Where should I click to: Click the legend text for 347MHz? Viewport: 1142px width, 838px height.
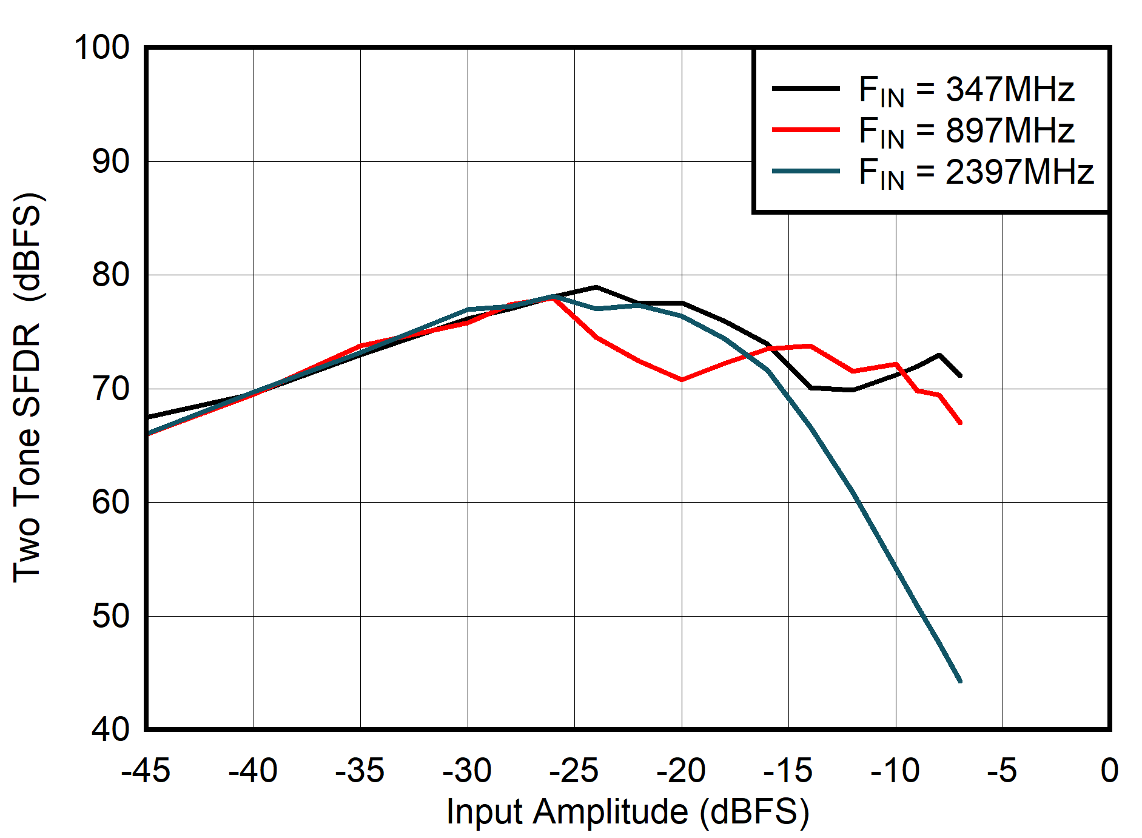[966, 90]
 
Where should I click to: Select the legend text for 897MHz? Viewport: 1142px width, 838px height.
[966, 131]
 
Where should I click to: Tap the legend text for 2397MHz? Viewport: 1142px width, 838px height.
[975, 172]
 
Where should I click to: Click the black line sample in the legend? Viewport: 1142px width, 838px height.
[805, 89]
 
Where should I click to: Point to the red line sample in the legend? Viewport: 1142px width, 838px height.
[805, 130]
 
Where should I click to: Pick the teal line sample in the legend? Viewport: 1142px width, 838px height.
[805, 171]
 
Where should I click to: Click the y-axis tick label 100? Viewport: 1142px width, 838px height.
[102, 47]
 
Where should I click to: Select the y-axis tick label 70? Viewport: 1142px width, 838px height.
[110, 389]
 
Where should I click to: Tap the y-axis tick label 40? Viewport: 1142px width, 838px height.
[110, 729]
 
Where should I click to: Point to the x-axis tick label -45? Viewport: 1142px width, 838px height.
[146, 771]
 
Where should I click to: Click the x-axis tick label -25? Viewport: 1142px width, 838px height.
[574, 771]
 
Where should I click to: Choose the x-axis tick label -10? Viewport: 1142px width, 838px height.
[895, 771]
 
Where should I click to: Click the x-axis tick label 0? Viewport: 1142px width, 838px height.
[1109, 771]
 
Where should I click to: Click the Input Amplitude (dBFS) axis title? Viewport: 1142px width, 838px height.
[628, 812]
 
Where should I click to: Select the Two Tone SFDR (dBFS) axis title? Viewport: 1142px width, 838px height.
[27, 388]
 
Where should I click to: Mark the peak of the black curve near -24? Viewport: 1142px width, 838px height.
[596, 287]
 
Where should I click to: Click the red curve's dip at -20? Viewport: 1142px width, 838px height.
[682, 380]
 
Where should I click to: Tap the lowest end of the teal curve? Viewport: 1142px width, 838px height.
[960, 682]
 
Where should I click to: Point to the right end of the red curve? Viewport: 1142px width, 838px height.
[960, 423]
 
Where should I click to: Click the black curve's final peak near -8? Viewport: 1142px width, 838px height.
[939, 355]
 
